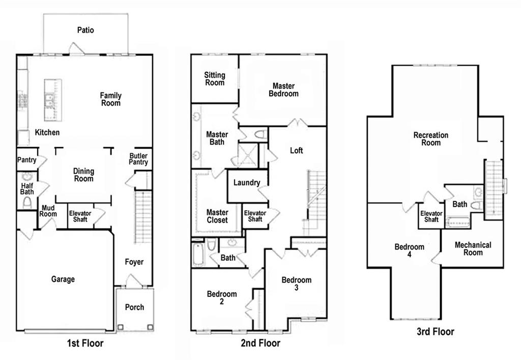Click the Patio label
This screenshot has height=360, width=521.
(x=85, y=30)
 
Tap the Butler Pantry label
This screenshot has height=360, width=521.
(x=138, y=159)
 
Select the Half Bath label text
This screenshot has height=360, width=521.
(x=27, y=188)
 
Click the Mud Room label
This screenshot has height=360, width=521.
(x=48, y=211)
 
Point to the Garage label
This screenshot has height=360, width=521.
(x=63, y=279)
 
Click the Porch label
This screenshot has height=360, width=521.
(x=134, y=307)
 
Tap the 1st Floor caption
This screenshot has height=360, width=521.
(x=85, y=343)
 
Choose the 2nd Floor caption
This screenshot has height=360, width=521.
(x=260, y=343)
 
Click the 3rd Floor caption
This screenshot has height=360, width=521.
(x=436, y=331)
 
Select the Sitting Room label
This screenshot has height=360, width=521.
(x=215, y=79)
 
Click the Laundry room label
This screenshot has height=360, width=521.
(x=247, y=182)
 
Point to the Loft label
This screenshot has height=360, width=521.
(x=297, y=151)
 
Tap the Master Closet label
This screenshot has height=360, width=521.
(x=217, y=216)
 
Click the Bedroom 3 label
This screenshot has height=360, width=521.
(x=297, y=284)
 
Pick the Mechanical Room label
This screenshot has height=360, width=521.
(x=473, y=248)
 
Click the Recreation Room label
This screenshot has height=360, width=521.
(x=431, y=139)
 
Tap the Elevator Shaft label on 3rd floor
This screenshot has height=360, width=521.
(x=431, y=216)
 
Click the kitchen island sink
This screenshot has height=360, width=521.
(x=49, y=100)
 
